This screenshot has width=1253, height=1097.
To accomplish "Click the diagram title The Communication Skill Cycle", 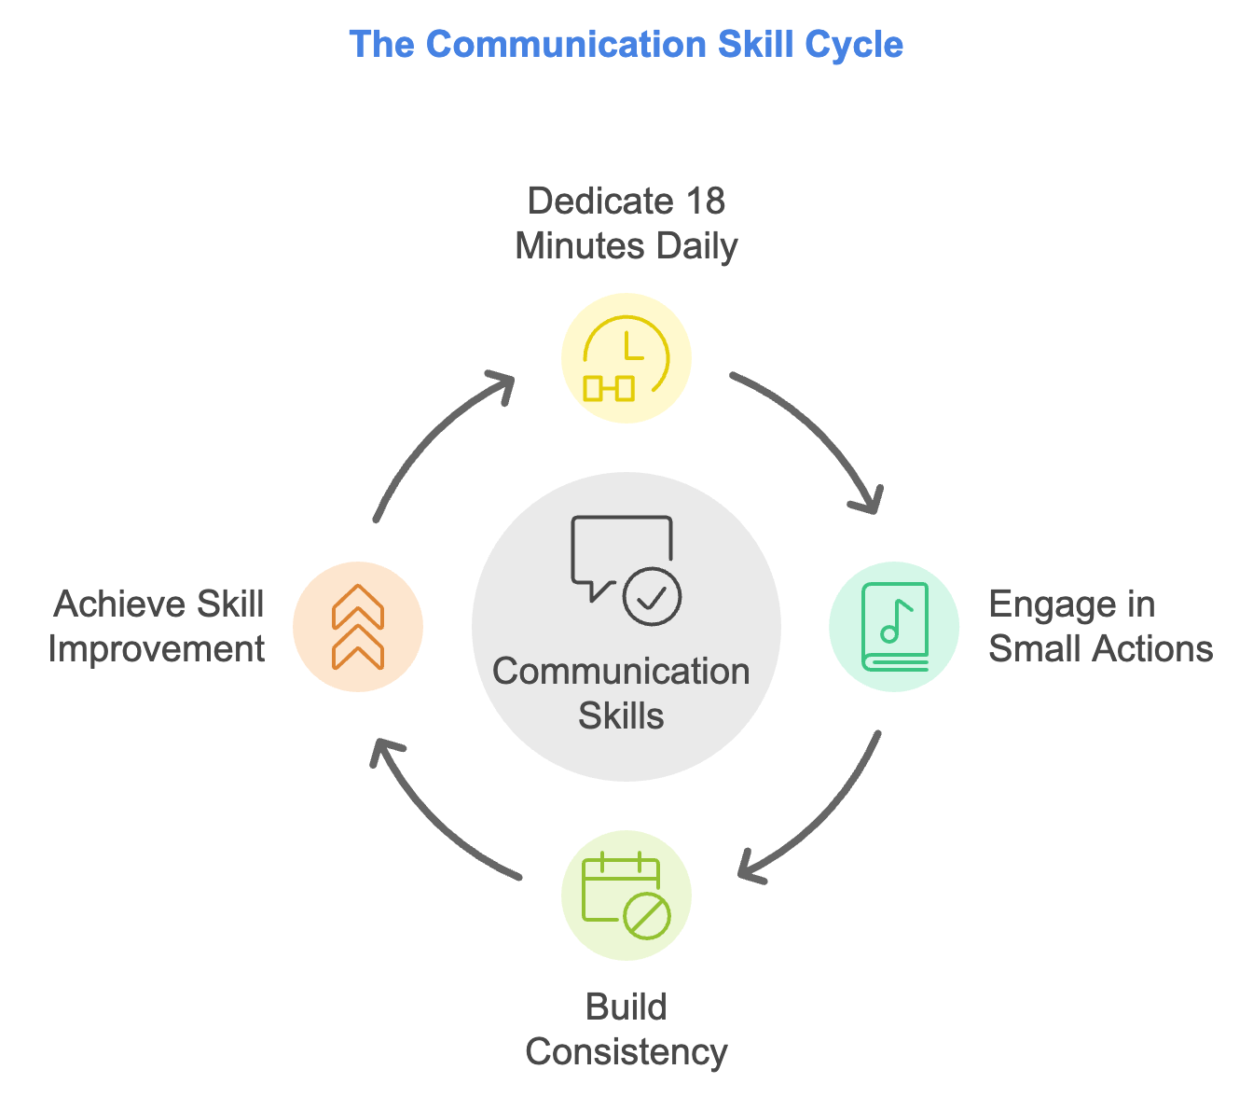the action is coord(626,45).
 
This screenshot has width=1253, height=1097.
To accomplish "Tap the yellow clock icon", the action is coord(626,359).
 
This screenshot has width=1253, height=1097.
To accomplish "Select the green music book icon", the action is coord(894,627).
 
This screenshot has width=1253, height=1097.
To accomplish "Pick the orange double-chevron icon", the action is coord(358,627).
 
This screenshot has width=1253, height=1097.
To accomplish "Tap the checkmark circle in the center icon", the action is coord(652,595).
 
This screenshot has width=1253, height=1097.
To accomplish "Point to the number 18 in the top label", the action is coord(705,201).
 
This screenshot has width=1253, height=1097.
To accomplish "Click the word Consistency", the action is coord(626,1052).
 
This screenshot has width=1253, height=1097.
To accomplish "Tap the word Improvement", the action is coord(157,649).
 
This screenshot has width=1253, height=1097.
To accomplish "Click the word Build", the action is coord(626,1007).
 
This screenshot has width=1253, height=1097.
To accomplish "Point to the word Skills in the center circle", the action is coord(621,716).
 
